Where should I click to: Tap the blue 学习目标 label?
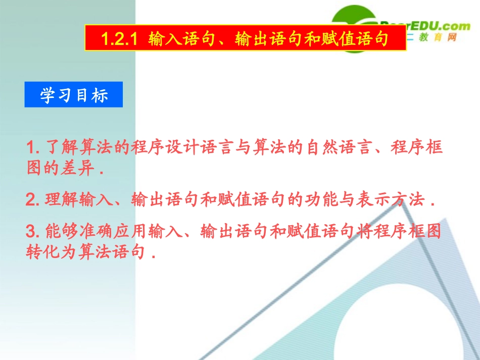click(74, 95)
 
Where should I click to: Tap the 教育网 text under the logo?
click(438, 37)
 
